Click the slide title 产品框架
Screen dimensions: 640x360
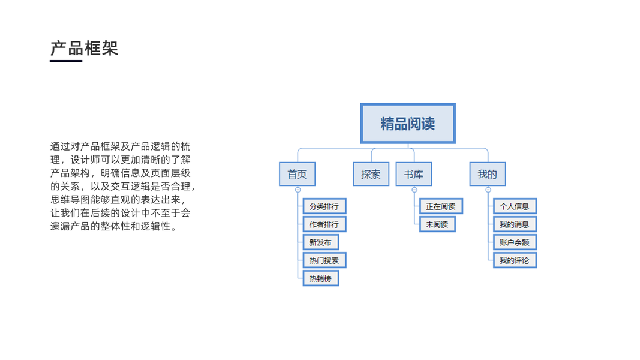click(84, 48)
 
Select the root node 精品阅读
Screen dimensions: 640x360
click(408, 124)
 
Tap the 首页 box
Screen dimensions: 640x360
click(297, 175)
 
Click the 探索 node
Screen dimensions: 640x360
click(371, 175)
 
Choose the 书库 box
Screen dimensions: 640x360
click(413, 175)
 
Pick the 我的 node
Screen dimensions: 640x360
click(487, 175)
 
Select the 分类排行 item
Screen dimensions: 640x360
click(324, 206)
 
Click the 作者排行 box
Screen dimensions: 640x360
click(324, 224)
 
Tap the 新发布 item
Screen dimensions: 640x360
click(320, 242)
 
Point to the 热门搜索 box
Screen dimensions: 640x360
click(324, 260)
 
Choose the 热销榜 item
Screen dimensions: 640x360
click(320, 278)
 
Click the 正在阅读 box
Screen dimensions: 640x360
click(441, 206)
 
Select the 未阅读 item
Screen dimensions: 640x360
click(437, 224)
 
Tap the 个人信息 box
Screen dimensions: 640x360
click(515, 206)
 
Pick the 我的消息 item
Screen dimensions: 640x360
click(515, 224)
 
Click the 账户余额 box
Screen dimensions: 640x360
click(515, 242)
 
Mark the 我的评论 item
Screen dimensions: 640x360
click(515, 260)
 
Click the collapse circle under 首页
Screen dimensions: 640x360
click(298, 190)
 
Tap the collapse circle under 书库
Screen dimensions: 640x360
click(414, 190)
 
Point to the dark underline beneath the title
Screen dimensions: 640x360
click(66, 61)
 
